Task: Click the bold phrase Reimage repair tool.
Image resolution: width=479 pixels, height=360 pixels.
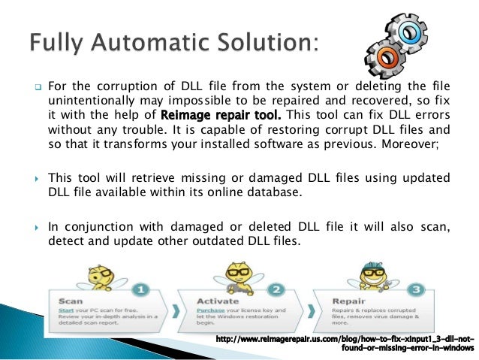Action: (209, 115)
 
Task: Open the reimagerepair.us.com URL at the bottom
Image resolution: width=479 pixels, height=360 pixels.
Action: (345, 340)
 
